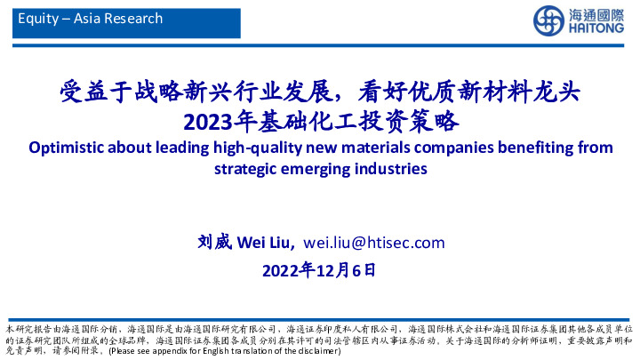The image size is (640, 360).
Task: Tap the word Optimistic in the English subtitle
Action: [65, 147]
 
